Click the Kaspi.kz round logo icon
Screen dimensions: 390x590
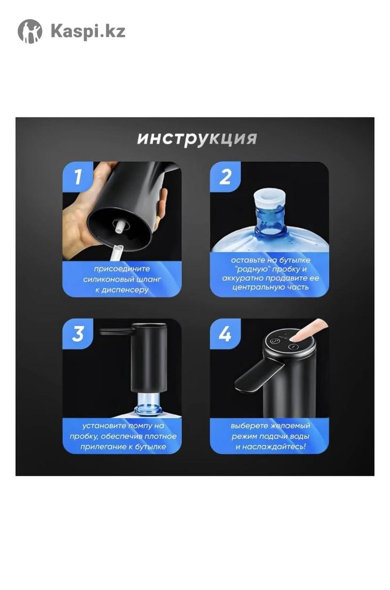point(30,31)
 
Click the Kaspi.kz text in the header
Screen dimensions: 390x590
point(88,31)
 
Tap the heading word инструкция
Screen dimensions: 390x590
point(197,139)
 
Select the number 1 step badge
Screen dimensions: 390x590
point(78,177)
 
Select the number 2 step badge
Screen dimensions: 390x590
point(225,177)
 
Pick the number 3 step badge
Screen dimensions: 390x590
point(78,334)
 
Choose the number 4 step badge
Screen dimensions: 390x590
point(225,334)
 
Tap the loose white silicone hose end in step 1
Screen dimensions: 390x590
point(117,252)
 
